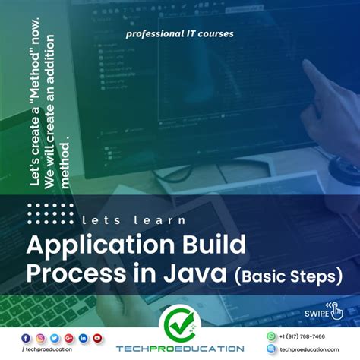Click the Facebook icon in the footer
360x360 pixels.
(x=27, y=338)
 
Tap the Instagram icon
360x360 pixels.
(x=41, y=338)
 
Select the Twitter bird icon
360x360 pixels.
(x=55, y=338)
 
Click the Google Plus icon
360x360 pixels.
(x=69, y=338)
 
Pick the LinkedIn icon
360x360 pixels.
(x=84, y=338)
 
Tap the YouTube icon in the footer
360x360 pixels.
(x=97, y=338)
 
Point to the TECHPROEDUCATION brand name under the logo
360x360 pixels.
(x=180, y=349)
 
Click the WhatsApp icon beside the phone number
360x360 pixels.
(x=271, y=336)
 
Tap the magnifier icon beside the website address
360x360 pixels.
(x=271, y=349)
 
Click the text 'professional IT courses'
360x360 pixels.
(x=180, y=34)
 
